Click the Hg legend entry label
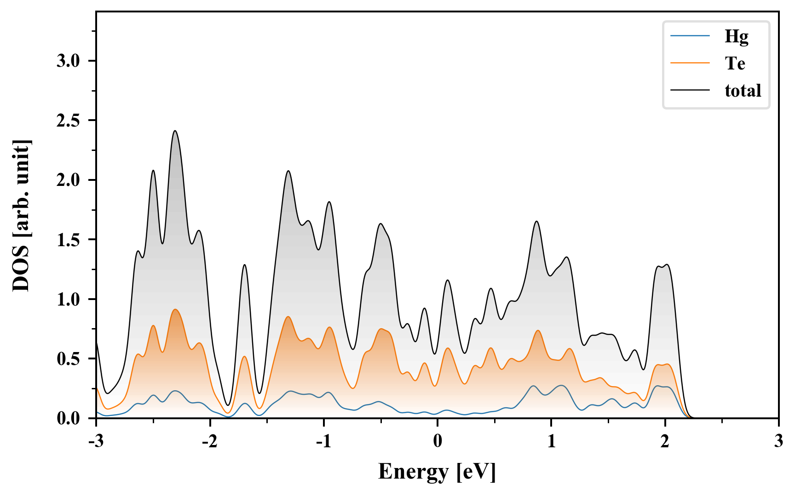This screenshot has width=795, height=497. point(737,37)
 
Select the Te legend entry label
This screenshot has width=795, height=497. point(735,64)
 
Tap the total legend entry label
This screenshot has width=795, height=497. point(743,91)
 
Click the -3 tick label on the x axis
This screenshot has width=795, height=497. point(96,441)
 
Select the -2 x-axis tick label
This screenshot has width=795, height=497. point(210,441)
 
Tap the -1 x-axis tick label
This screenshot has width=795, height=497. point(323,441)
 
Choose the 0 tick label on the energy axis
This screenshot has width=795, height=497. point(438,441)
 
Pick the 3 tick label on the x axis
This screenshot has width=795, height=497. point(778,441)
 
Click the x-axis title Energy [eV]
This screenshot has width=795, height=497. point(437,472)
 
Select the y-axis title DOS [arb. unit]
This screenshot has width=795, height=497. point(21,215)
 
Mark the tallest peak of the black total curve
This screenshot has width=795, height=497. point(175,131)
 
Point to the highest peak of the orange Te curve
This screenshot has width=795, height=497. point(175,310)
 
